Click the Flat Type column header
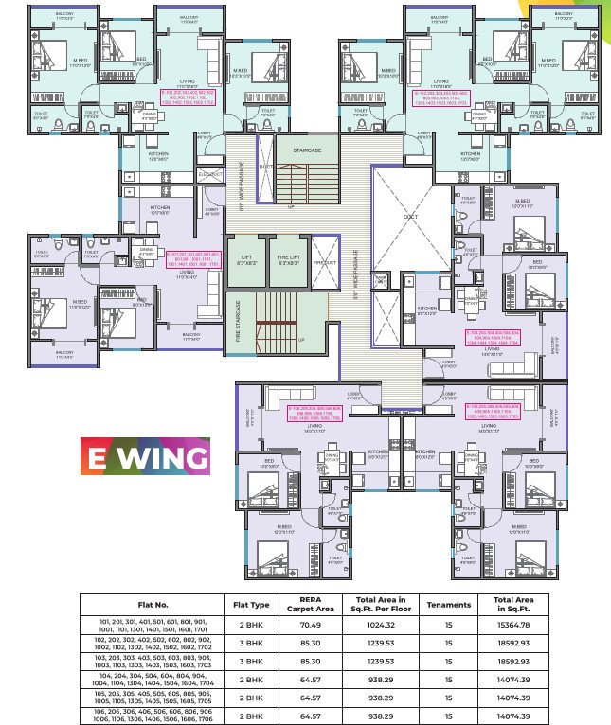click(x=251, y=604)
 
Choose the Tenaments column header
click(x=449, y=604)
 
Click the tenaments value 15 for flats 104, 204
click(x=449, y=680)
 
